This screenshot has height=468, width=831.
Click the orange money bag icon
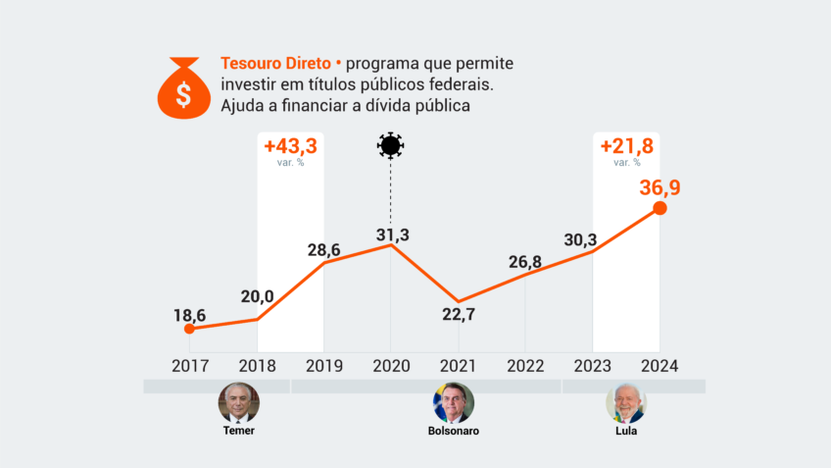[x=183, y=87]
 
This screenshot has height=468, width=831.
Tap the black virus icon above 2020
[x=390, y=146]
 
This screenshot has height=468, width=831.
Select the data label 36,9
[x=660, y=186]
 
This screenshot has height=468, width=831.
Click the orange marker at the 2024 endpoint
[x=660, y=208]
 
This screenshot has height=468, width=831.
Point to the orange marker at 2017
[x=189, y=329]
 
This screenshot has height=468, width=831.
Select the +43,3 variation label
[x=290, y=146]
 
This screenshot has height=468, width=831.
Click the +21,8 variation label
[x=626, y=146]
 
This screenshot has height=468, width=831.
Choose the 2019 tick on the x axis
[x=323, y=366]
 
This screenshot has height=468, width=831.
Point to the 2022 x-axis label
[x=525, y=366]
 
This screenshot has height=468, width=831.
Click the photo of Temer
[x=238, y=403]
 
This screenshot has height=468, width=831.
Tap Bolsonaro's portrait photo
[x=454, y=403]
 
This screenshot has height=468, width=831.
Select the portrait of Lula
[x=626, y=403]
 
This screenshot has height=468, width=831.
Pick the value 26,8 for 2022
[x=525, y=262]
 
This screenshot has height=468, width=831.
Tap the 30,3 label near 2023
[x=590, y=239]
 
